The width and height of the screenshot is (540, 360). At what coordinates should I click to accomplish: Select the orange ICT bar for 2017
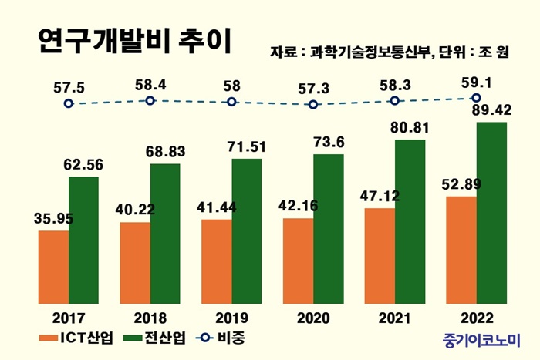click(x=53, y=266)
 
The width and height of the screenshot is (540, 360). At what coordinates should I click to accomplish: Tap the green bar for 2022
click(x=491, y=212)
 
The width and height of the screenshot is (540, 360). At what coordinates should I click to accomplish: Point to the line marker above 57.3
click(x=312, y=104)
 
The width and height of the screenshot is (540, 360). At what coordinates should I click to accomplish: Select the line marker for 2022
click(x=476, y=98)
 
